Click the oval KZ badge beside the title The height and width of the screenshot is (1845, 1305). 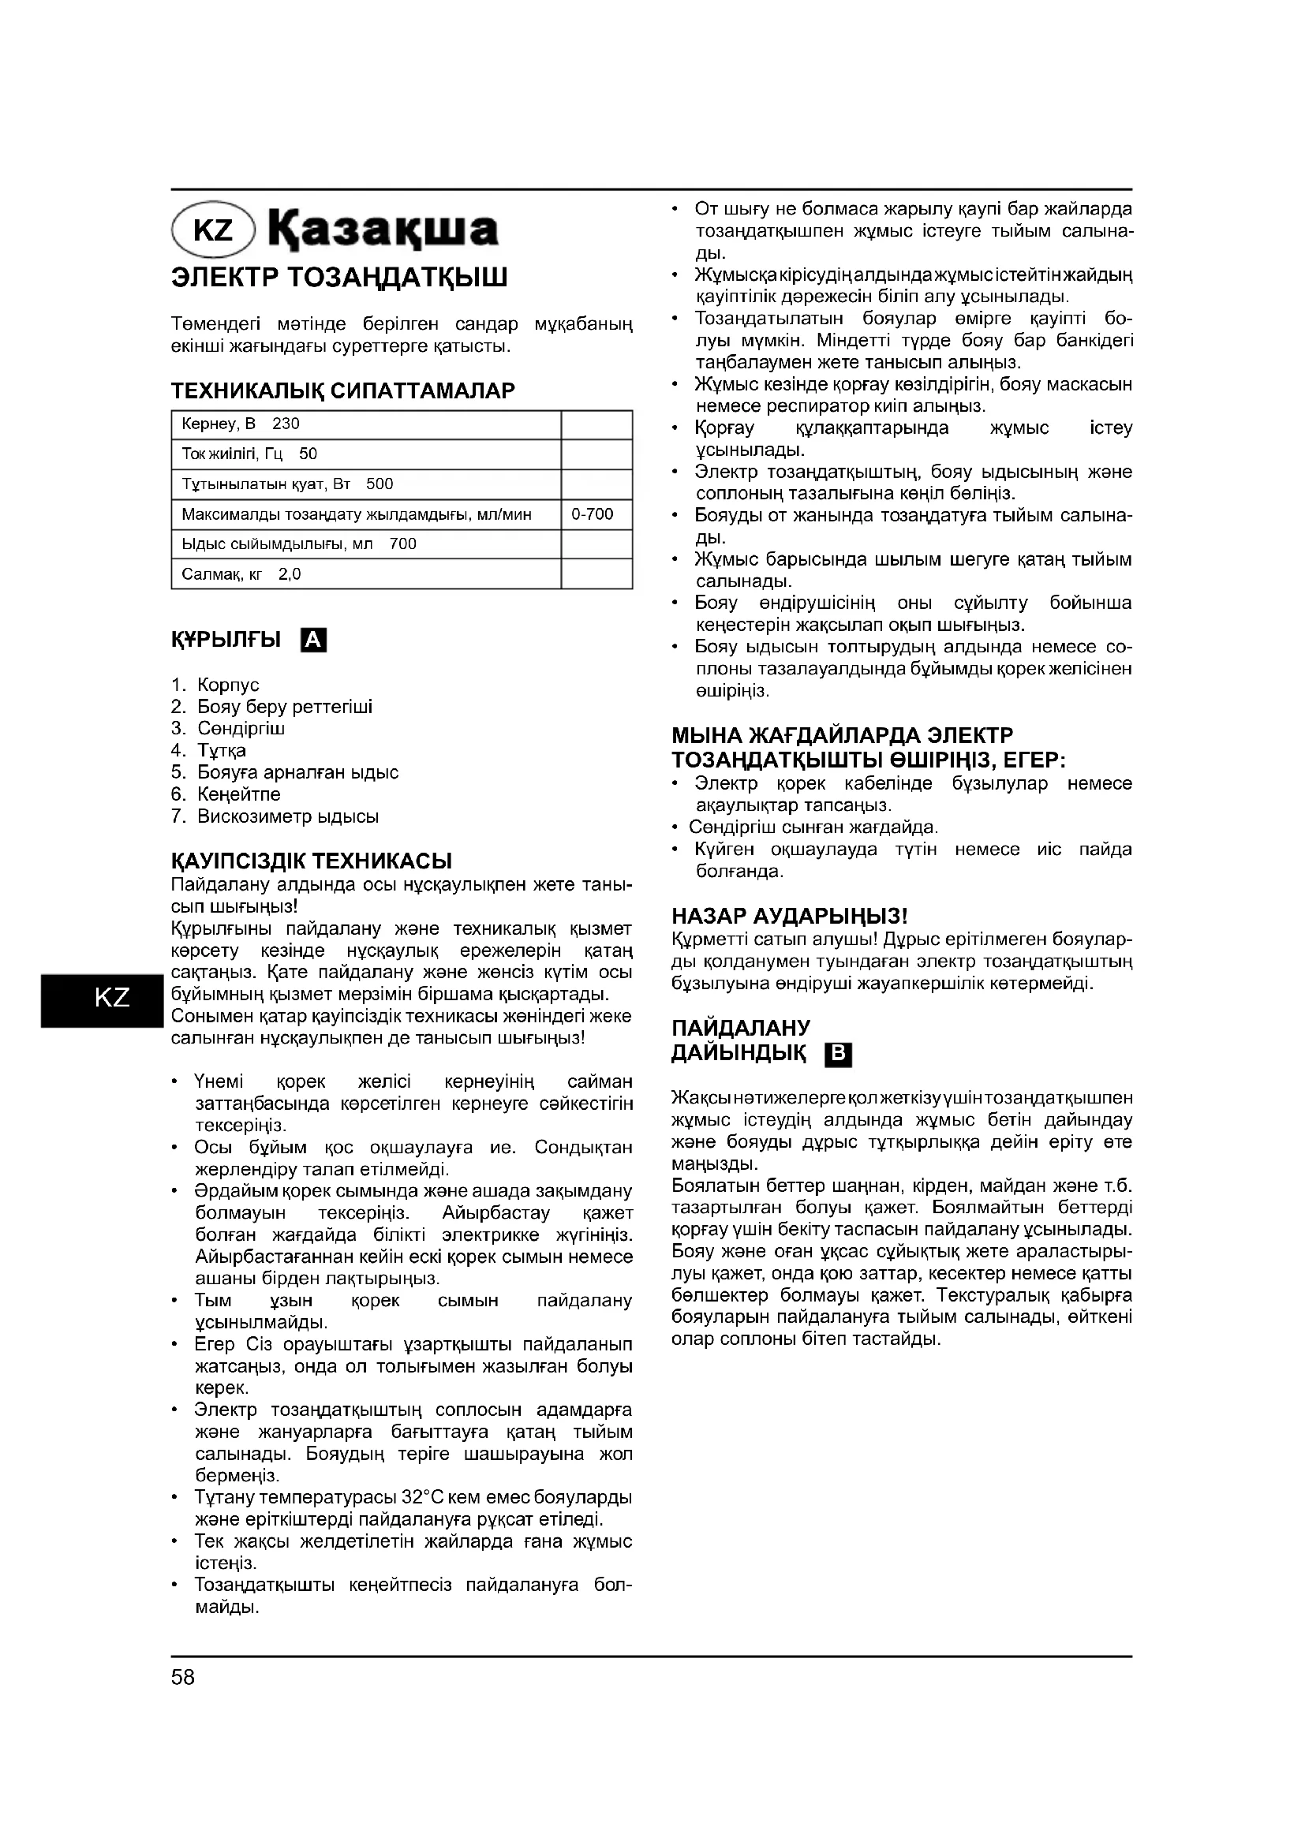[x=213, y=230]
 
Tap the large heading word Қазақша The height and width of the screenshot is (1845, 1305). [x=383, y=229]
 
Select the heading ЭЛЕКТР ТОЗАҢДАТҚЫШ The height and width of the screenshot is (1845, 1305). [x=339, y=278]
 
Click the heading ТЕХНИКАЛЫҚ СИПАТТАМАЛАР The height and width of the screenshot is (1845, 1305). [x=343, y=391]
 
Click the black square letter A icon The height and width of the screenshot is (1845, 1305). [x=313, y=641]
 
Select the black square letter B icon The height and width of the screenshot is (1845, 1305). [x=838, y=1055]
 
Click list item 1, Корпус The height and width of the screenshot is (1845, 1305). [x=227, y=685]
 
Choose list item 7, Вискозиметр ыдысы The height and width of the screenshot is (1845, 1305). [x=287, y=816]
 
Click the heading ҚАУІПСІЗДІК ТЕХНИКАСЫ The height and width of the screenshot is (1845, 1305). [x=311, y=861]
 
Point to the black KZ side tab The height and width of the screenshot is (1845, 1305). [x=101, y=998]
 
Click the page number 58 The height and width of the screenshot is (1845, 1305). [x=183, y=1677]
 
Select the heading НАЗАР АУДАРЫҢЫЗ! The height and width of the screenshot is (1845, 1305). [x=790, y=916]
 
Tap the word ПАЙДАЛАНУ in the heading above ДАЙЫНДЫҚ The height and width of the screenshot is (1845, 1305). [x=741, y=1028]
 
